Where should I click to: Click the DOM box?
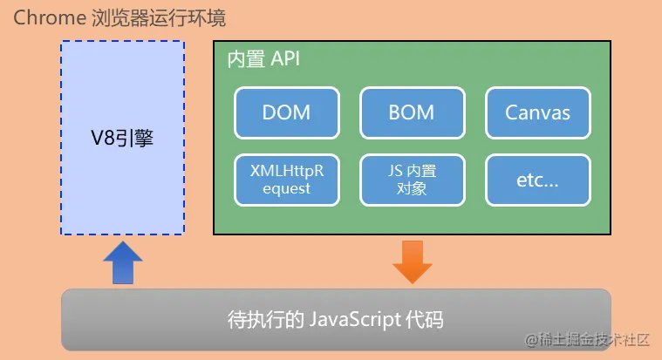pyautogui.click(x=286, y=112)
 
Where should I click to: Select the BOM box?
pyautogui.click(x=412, y=112)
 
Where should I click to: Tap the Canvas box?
pyautogui.click(x=538, y=112)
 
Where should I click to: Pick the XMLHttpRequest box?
pyautogui.click(x=286, y=180)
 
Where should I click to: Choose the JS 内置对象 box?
pyautogui.click(x=412, y=180)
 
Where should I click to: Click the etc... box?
pyautogui.click(x=538, y=180)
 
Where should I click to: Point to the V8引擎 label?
pyautogui.click(x=122, y=137)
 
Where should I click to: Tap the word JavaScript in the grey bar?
pyautogui.click(x=356, y=319)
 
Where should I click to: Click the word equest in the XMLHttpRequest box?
pyautogui.click(x=286, y=188)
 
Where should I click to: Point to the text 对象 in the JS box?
pyautogui.click(x=412, y=188)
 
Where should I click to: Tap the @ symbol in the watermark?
pyautogui.click(x=531, y=340)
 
